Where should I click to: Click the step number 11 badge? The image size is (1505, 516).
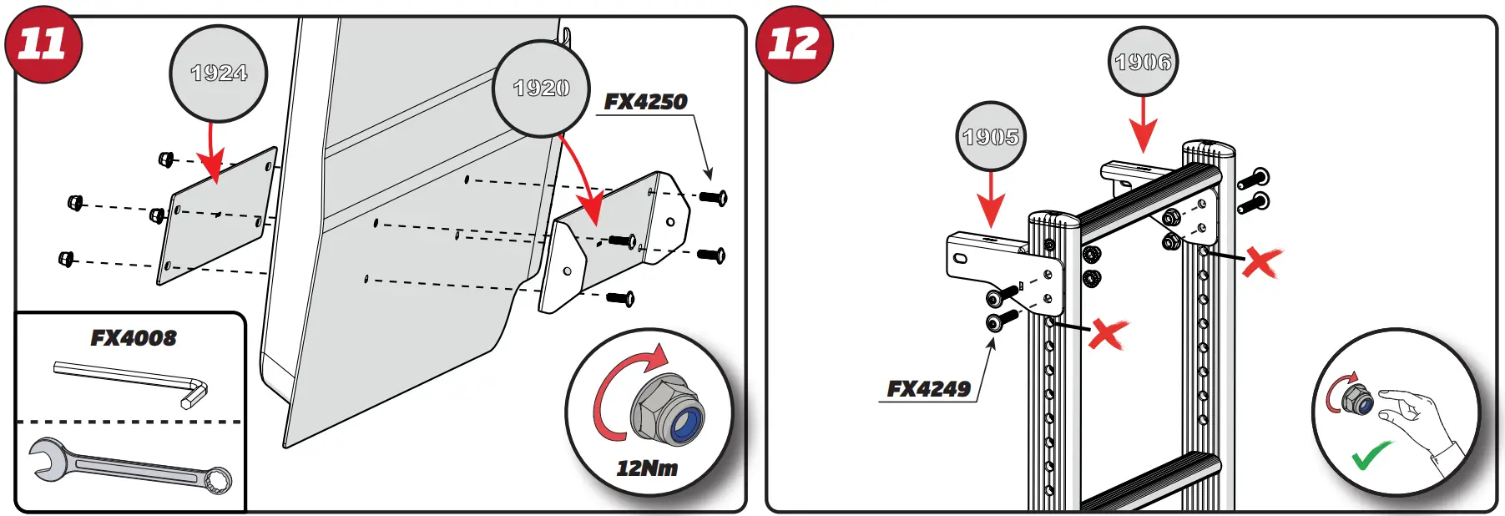(43, 43)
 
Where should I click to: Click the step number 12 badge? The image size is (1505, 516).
(794, 43)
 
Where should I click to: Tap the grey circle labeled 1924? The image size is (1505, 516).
(219, 73)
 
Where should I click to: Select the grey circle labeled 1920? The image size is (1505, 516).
(541, 89)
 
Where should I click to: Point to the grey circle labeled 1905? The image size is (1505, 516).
(990, 137)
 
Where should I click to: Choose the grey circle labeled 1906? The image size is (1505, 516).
(1143, 62)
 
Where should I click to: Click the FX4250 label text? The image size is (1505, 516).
(645, 102)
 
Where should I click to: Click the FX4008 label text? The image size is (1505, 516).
(134, 338)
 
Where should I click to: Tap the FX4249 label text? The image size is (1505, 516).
(928, 389)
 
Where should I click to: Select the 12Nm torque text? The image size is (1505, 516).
(647, 468)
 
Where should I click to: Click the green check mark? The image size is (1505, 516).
(1371, 456)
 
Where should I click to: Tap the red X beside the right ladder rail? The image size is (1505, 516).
(1261, 262)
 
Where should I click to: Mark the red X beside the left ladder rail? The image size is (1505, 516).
(1108, 334)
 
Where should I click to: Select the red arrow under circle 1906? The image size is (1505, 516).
(1143, 124)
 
